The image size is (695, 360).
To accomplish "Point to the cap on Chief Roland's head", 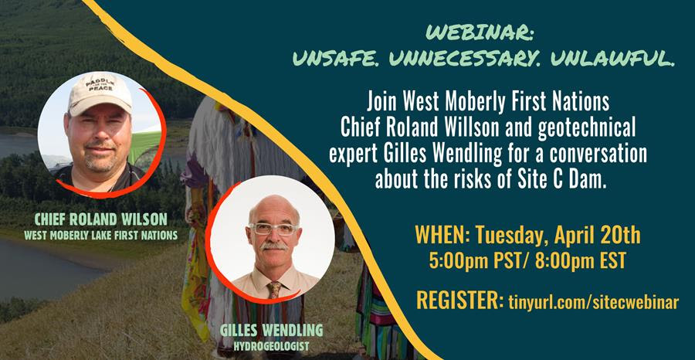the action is [x=100, y=93].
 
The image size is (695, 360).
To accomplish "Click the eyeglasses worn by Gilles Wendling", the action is [x=274, y=229].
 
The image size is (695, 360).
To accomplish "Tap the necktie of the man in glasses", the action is [x=274, y=290].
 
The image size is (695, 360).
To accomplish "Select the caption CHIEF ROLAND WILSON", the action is [x=101, y=219].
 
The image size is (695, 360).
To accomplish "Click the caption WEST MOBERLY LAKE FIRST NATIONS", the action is [x=101, y=236].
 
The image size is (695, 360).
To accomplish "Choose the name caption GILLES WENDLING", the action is [x=271, y=331].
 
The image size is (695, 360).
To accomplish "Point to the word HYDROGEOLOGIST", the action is [x=271, y=346].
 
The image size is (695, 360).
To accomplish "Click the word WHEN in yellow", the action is [x=439, y=236].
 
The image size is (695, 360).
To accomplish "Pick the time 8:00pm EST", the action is [x=581, y=260].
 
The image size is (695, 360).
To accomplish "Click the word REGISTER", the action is [x=457, y=301].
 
